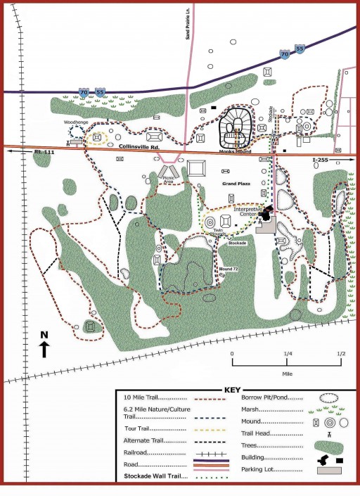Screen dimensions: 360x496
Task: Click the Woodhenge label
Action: [x=76, y=122]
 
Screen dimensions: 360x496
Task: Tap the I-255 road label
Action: [x=320, y=160]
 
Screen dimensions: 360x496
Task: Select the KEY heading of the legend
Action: [x=233, y=390]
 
